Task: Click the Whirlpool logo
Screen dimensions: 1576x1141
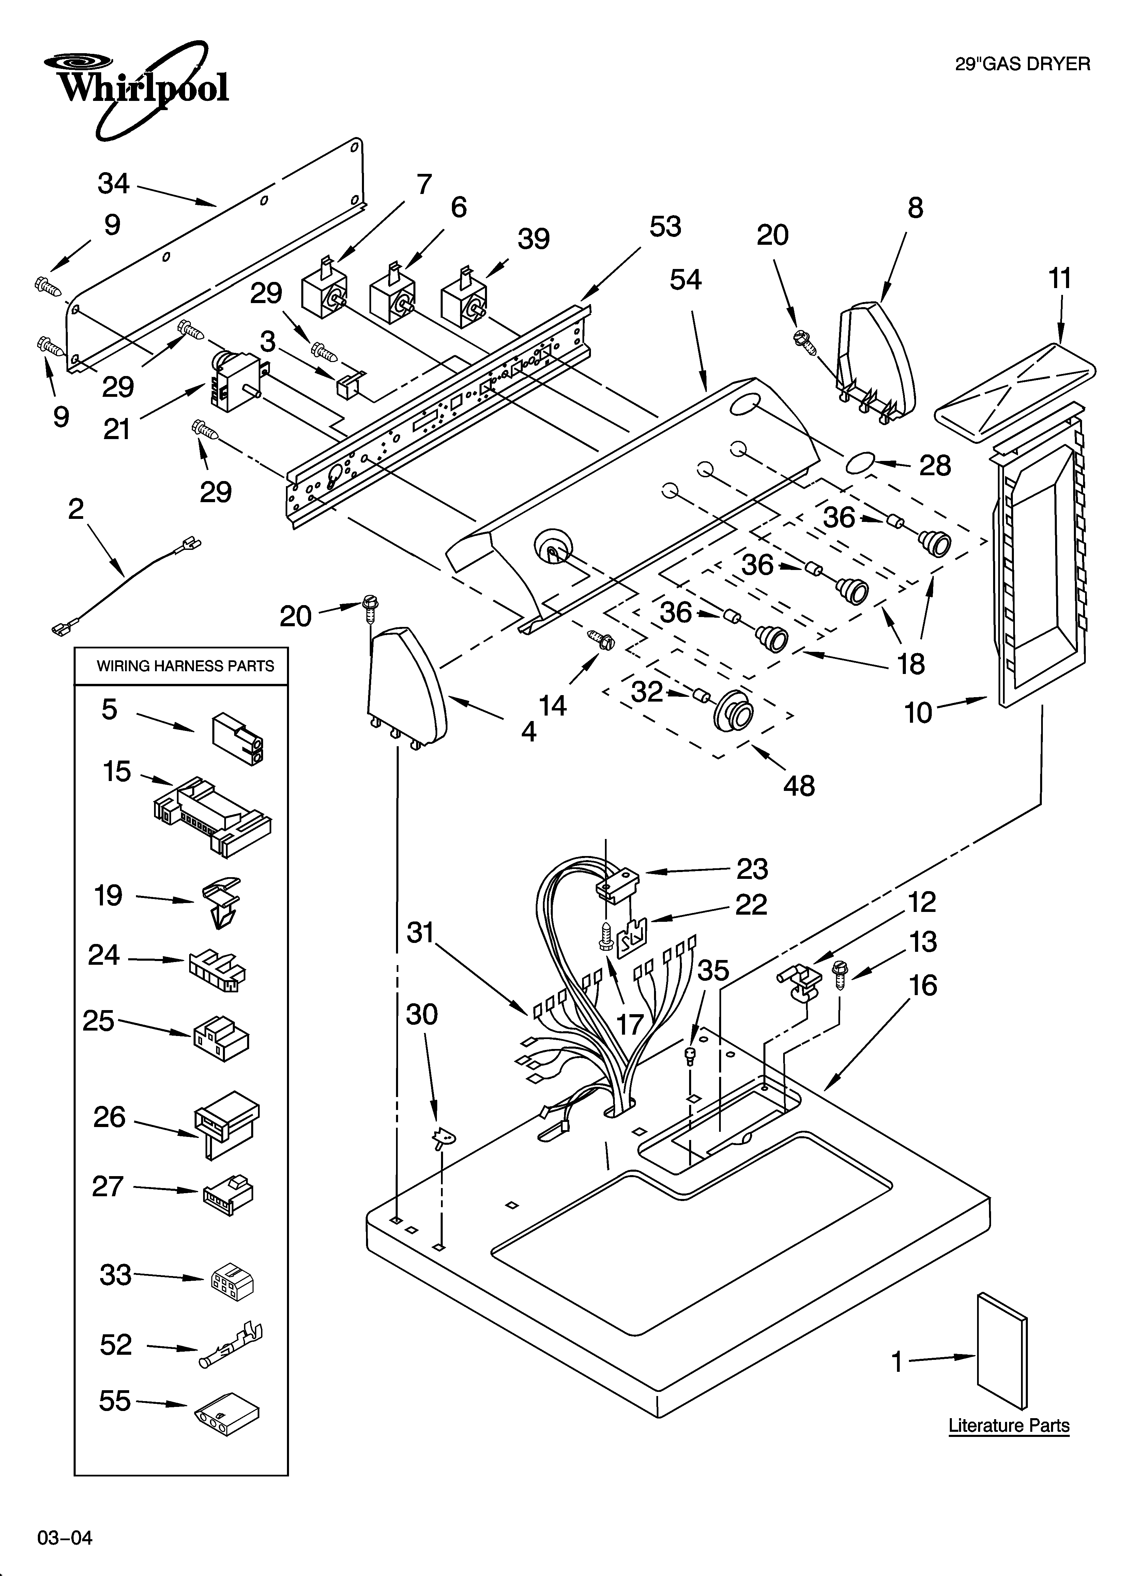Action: click(136, 87)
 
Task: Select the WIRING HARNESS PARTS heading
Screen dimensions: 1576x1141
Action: click(185, 666)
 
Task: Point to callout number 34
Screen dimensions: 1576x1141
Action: click(113, 183)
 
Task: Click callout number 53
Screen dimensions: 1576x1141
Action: click(665, 227)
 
